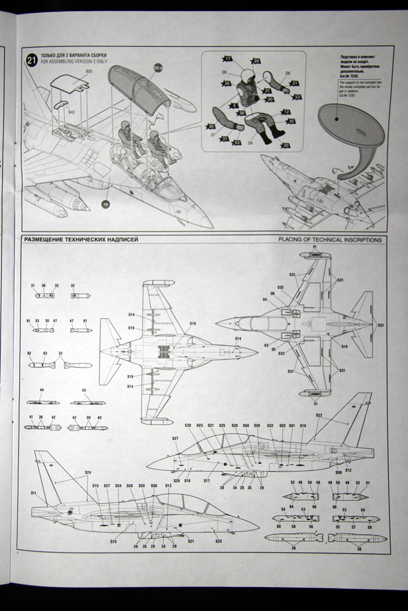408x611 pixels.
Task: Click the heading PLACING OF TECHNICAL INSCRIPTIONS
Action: point(330,240)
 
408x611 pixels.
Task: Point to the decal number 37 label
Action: point(35,285)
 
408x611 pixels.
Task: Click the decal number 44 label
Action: point(42,390)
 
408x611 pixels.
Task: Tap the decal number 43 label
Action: point(84,390)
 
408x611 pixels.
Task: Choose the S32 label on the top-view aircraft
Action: point(281,287)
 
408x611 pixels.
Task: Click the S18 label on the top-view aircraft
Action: point(344,346)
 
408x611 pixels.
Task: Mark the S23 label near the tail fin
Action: point(319,415)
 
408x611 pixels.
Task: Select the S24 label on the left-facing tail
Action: point(87,472)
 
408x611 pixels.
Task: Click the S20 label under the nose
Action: point(218,541)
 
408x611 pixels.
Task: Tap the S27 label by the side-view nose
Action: point(175,438)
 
